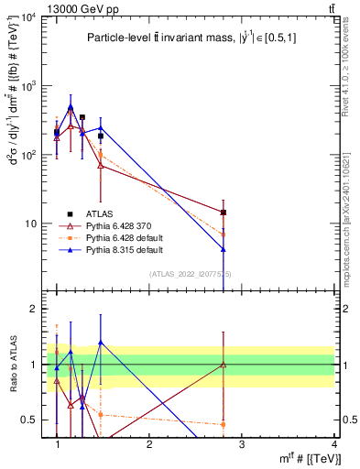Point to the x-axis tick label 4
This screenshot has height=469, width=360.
333,444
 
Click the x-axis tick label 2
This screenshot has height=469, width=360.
149,444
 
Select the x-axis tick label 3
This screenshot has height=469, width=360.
241,444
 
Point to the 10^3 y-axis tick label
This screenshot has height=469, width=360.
29,86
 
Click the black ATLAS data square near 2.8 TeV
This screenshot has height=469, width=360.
223,213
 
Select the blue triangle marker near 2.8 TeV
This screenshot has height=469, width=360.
223,249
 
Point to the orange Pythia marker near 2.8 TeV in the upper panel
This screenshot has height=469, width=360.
223,234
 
